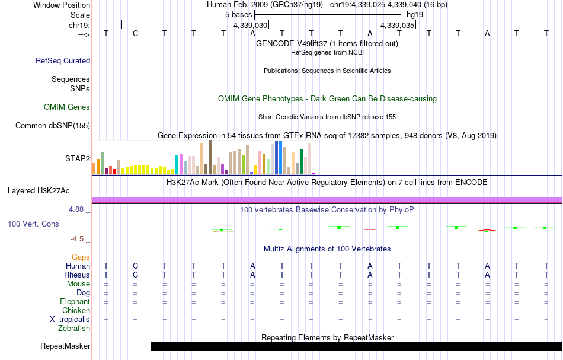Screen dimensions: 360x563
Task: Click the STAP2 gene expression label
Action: click(77, 159)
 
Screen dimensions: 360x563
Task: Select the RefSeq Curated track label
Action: click(63, 60)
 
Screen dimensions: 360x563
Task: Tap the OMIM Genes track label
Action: click(67, 107)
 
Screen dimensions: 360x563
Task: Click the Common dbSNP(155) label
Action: click(53, 125)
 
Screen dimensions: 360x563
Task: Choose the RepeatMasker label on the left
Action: click(65, 346)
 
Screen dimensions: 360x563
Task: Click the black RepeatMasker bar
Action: click(356, 346)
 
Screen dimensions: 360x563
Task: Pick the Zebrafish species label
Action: click(74, 328)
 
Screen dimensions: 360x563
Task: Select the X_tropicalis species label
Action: click(70, 319)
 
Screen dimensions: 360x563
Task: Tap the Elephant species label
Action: click(75, 302)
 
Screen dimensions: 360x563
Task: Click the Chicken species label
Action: click(76, 310)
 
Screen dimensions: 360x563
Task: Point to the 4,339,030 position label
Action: click(251, 26)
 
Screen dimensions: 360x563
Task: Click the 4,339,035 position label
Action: click(398, 26)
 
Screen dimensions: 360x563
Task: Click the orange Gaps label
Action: click(81, 257)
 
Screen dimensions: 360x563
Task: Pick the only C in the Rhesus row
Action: click(135, 275)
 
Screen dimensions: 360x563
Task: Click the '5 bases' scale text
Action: click(238, 14)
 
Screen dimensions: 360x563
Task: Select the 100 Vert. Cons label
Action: click(34, 224)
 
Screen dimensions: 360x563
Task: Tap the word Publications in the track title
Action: click(281, 71)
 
